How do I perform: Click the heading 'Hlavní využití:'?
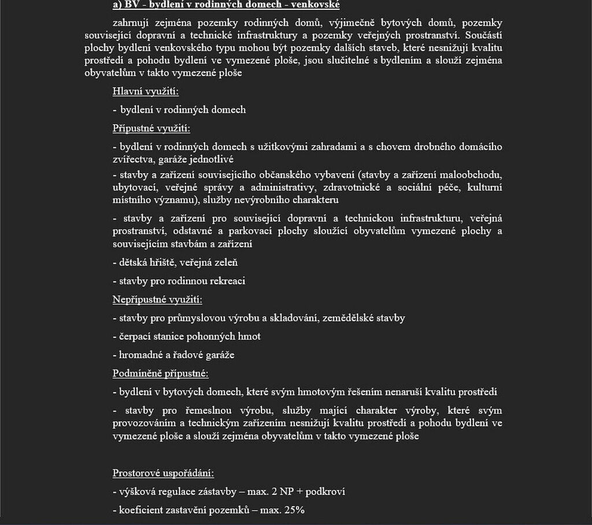tap(146, 91)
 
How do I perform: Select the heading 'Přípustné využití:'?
tap(151, 128)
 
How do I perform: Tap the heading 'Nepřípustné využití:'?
tap(157, 299)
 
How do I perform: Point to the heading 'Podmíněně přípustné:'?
tap(161, 374)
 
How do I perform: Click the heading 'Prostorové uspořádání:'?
tap(164, 473)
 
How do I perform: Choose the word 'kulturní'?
tap(484, 187)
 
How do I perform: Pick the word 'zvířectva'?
tap(134, 159)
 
